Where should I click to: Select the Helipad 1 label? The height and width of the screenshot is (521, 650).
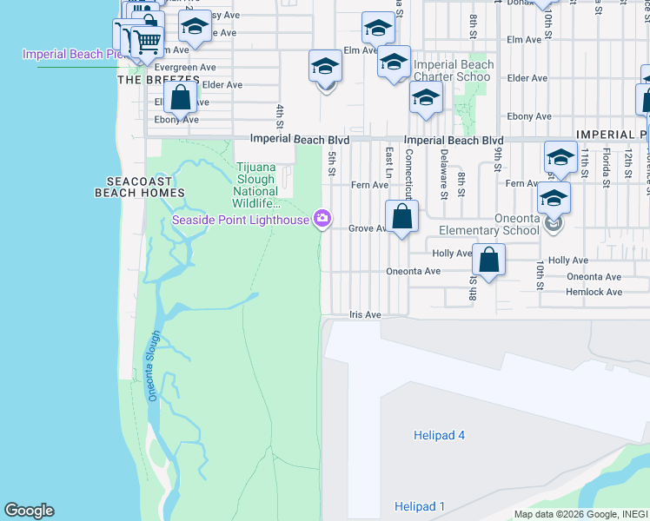[420, 506]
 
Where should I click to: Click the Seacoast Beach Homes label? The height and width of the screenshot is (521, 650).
[140, 186]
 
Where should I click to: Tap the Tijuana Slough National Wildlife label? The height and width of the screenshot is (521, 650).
[257, 185]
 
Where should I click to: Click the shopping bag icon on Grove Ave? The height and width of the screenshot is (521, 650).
[401, 217]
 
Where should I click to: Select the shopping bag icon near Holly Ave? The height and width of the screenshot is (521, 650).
[489, 260]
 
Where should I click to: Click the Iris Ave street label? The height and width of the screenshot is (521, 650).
[365, 315]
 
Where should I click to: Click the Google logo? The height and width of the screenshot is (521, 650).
[29, 511]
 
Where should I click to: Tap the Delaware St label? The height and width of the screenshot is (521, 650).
[443, 174]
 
